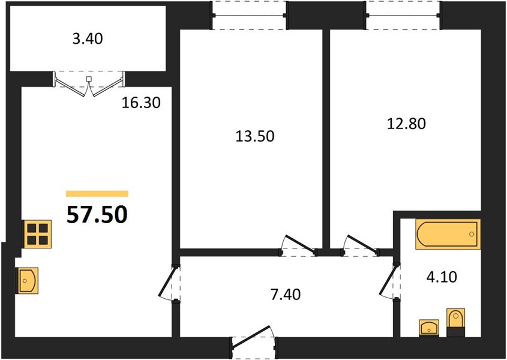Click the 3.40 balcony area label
[x=88, y=39]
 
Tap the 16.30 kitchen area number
[x=141, y=103]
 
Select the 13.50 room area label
[x=255, y=136]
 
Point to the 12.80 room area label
[x=406, y=124]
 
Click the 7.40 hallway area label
[x=286, y=295]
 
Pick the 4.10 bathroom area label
[x=442, y=277]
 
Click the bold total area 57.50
[x=97, y=215]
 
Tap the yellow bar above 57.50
[x=97, y=194]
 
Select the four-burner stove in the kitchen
[x=37, y=234]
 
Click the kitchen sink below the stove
[x=27, y=281]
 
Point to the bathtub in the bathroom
[x=448, y=234]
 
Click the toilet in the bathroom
[x=455, y=322]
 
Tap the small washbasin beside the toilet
[x=429, y=328]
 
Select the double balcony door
[x=89, y=83]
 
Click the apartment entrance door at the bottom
[x=254, y=343]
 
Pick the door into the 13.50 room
[x=299, y=246]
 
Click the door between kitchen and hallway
[x=169, y=283]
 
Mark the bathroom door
[x=390, y=281]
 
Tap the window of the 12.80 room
[x=403, y=15]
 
